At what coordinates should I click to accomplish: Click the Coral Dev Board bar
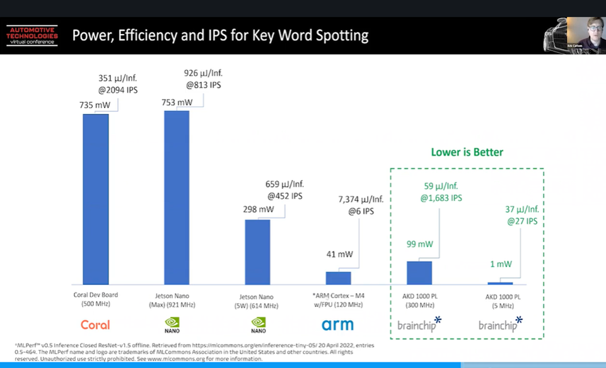pyautogui.click(x=95, y=199)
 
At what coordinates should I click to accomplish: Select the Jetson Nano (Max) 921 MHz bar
pyautogui.click(x=177, y=197)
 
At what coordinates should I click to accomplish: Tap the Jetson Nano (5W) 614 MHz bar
pyautogui.click(x=257, y=252)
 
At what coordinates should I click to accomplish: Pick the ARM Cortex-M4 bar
pyautogui.click(x=338, y=278)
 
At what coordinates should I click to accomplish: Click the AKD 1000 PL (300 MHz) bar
pyautogui.click(x=419, y=273)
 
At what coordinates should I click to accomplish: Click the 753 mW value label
pyautogui.click(x=177, y=103)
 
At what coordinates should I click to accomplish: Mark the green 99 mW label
pyautogui.click(x=420, y=244)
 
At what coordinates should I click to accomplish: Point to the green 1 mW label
pyautogui.click(x=501, y=265)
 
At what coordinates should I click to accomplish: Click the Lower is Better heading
pyautogui.click(x=467, y=152)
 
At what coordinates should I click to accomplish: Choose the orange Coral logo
pyautogui.click(x=95, y=325)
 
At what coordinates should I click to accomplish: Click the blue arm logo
pyautogui.click(x=338, y=325)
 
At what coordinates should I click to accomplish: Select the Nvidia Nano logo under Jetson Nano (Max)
pyautogui.click(x=172, y=325)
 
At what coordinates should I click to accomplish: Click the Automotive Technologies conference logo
pyautogui.click(x=32, y=35)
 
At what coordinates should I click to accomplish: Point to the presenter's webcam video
pyautogui.click(x=585, y=35)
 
